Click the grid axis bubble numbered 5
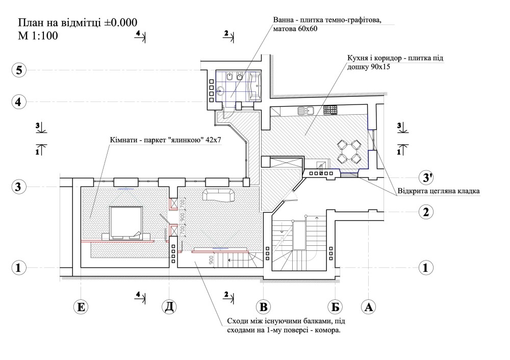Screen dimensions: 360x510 coord(19,70)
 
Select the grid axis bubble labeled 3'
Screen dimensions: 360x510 coord(426,177)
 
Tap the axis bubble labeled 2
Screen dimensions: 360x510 coord(426,211)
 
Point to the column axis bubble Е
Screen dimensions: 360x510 coord(81,307)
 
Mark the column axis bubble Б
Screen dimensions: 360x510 coord(335,307)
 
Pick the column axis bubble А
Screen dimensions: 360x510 coord(368,307)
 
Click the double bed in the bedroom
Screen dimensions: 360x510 coord(125,223)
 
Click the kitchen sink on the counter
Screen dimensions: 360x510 coord(305,110)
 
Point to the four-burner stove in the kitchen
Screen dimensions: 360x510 coord(330,109)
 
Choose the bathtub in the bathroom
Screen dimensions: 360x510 coord(255,86)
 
